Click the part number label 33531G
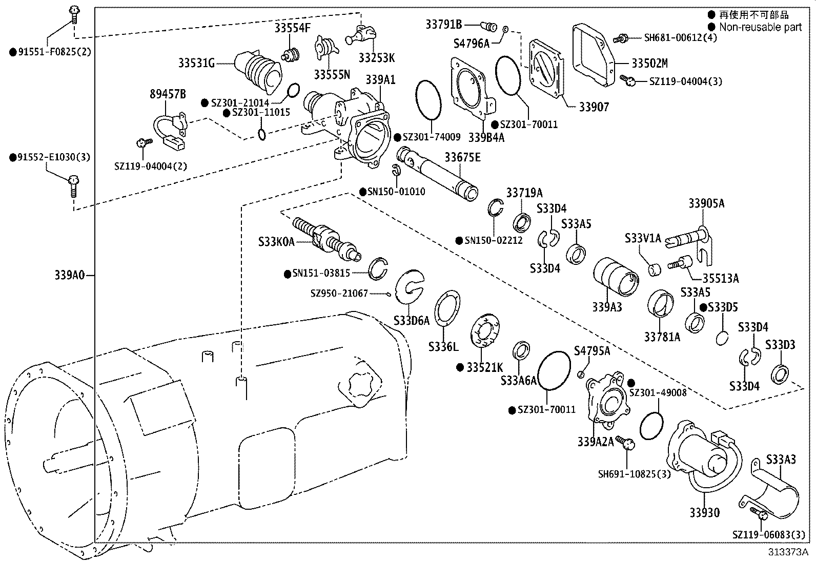point(196,63)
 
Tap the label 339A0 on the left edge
point(69,275)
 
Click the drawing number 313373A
point(787,552)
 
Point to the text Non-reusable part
point(760,27)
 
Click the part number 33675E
point(462,157)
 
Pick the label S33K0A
point(276,241)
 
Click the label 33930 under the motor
point(704,512)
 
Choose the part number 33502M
point(649,64)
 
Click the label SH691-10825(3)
point(634,474)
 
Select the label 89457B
point(168,94)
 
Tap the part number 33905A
point(706,203)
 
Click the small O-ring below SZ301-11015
point(261,135)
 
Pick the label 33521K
point(484,367)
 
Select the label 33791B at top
point(443,24)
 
